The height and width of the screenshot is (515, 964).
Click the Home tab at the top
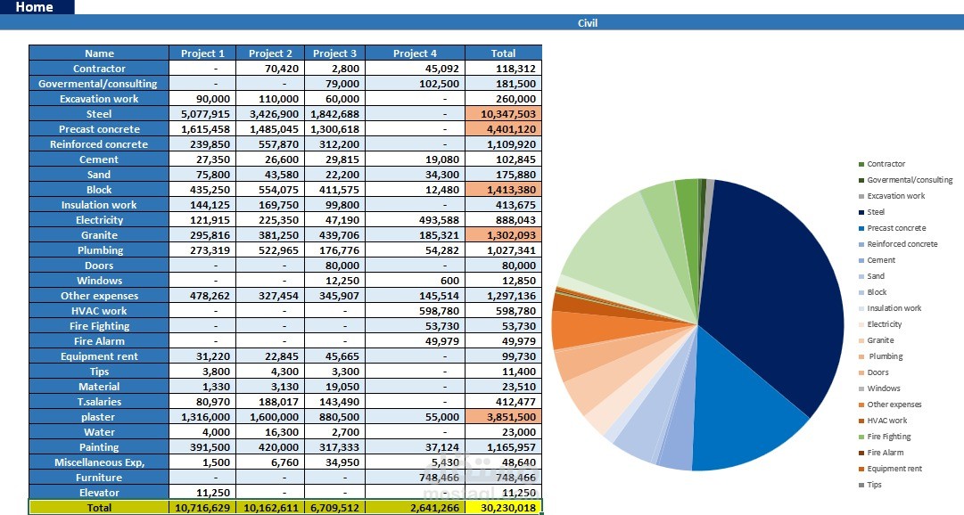click(35, 7)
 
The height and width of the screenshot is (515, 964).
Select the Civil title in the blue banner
click(587, 23)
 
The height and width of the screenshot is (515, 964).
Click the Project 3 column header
click(334, 53)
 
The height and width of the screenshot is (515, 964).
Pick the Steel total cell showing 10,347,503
click(504, 114)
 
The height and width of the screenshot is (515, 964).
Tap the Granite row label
click(99, 234)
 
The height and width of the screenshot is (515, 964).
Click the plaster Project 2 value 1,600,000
click(270, 417)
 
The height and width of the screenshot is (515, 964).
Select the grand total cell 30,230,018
click(504, 508)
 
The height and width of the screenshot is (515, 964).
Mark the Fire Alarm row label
click(99, 341)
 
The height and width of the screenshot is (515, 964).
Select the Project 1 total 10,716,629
click(203, 508)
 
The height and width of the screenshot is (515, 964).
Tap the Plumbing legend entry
click(881, 356)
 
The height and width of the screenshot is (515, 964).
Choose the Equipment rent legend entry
click(890, 469)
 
